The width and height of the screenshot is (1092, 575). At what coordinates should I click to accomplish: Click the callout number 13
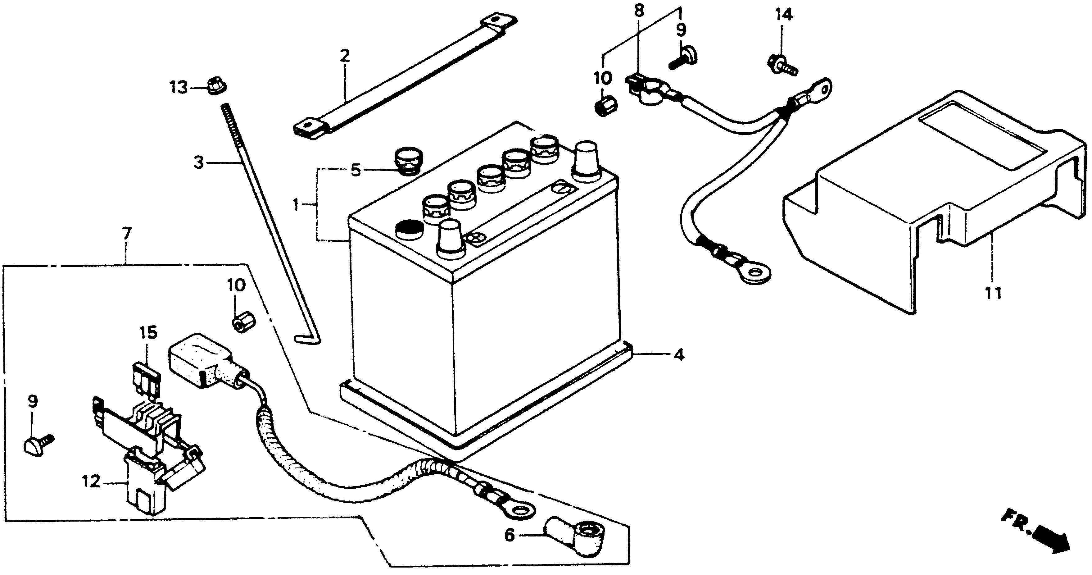point(179,88)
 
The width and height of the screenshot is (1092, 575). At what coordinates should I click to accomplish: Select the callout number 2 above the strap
point(345,56)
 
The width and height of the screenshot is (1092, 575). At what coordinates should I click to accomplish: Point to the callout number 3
point(199,162)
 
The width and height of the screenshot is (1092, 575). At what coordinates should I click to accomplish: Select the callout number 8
point(638,11)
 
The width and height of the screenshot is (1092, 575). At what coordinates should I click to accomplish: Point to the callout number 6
point(510,536)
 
